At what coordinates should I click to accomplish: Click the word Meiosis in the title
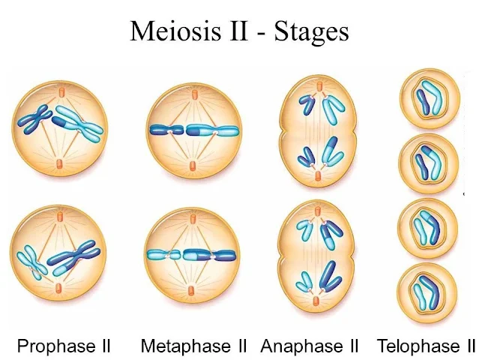[x=173, y=31]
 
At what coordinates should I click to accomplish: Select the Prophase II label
[x=64, y=346]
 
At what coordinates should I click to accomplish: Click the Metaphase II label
[x=194, y=346]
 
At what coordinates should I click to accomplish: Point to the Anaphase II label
[x=310, y=346]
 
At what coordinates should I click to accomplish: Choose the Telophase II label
[x=427, y=346]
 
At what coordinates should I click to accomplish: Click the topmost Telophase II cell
[x=428, y=97]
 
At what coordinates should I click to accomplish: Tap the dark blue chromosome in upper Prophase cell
[x=34, y=119]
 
